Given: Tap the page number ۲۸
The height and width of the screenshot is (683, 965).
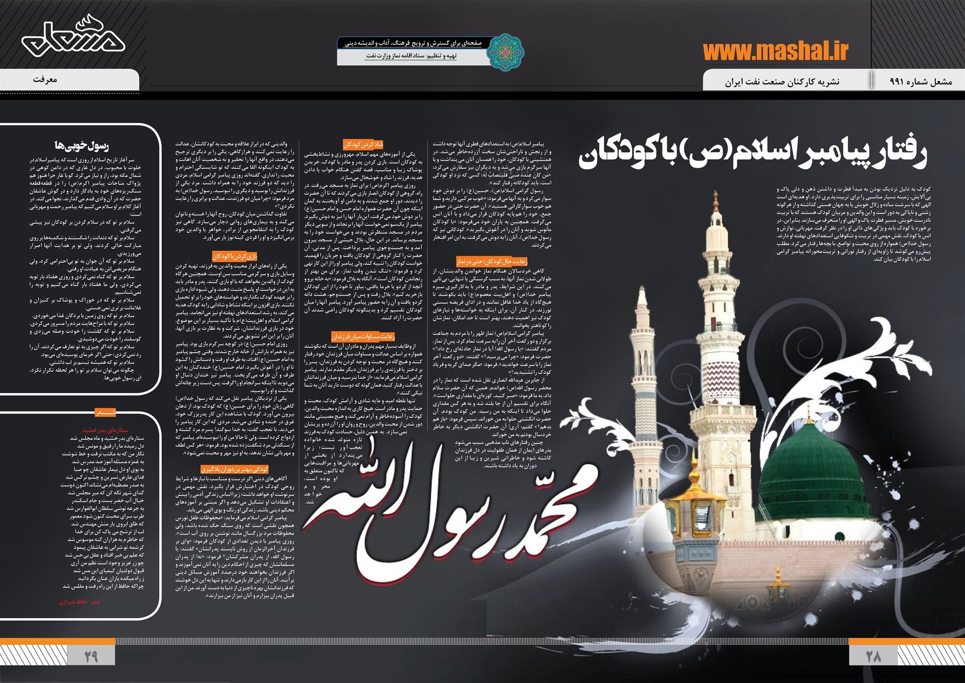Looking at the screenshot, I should point(873,656).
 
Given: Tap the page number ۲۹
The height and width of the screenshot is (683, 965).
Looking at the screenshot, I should point(91,656).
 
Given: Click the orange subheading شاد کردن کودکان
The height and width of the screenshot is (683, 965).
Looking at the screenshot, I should point(363,144).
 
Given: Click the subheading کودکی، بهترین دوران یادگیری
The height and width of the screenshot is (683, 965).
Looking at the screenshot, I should point(235,469).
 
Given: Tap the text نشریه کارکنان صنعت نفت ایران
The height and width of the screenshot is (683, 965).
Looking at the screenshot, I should point(782,82).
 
